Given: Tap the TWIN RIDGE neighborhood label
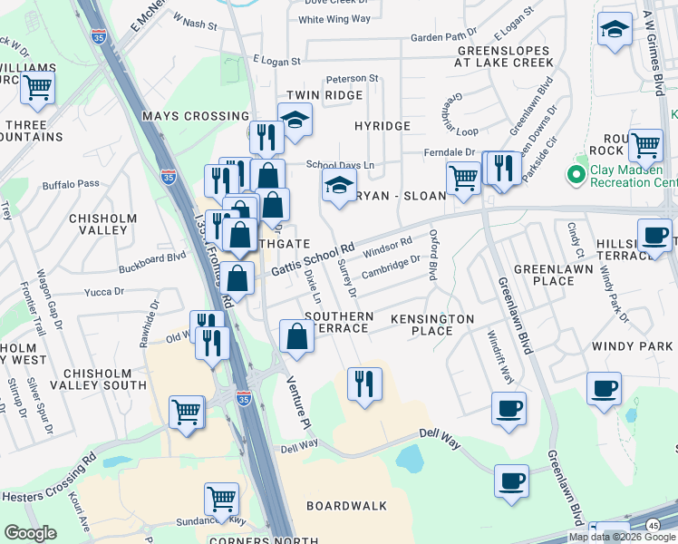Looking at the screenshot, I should pyautogui.click(x=317, y=95).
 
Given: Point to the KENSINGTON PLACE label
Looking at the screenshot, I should pyautogui.click(x=432, y=325).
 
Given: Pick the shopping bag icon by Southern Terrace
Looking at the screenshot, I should pyautogui.click(x=296, y=337).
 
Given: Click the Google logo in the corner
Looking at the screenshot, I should pyautogui.click(x=30, y=533).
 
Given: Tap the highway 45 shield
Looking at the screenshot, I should pyautogui.click(x=653, y=525).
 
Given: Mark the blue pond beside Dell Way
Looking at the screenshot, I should pyautogui.click(x=410, y=460).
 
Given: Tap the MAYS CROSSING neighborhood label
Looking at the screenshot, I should pyautogui.click(x=195, y=116).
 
